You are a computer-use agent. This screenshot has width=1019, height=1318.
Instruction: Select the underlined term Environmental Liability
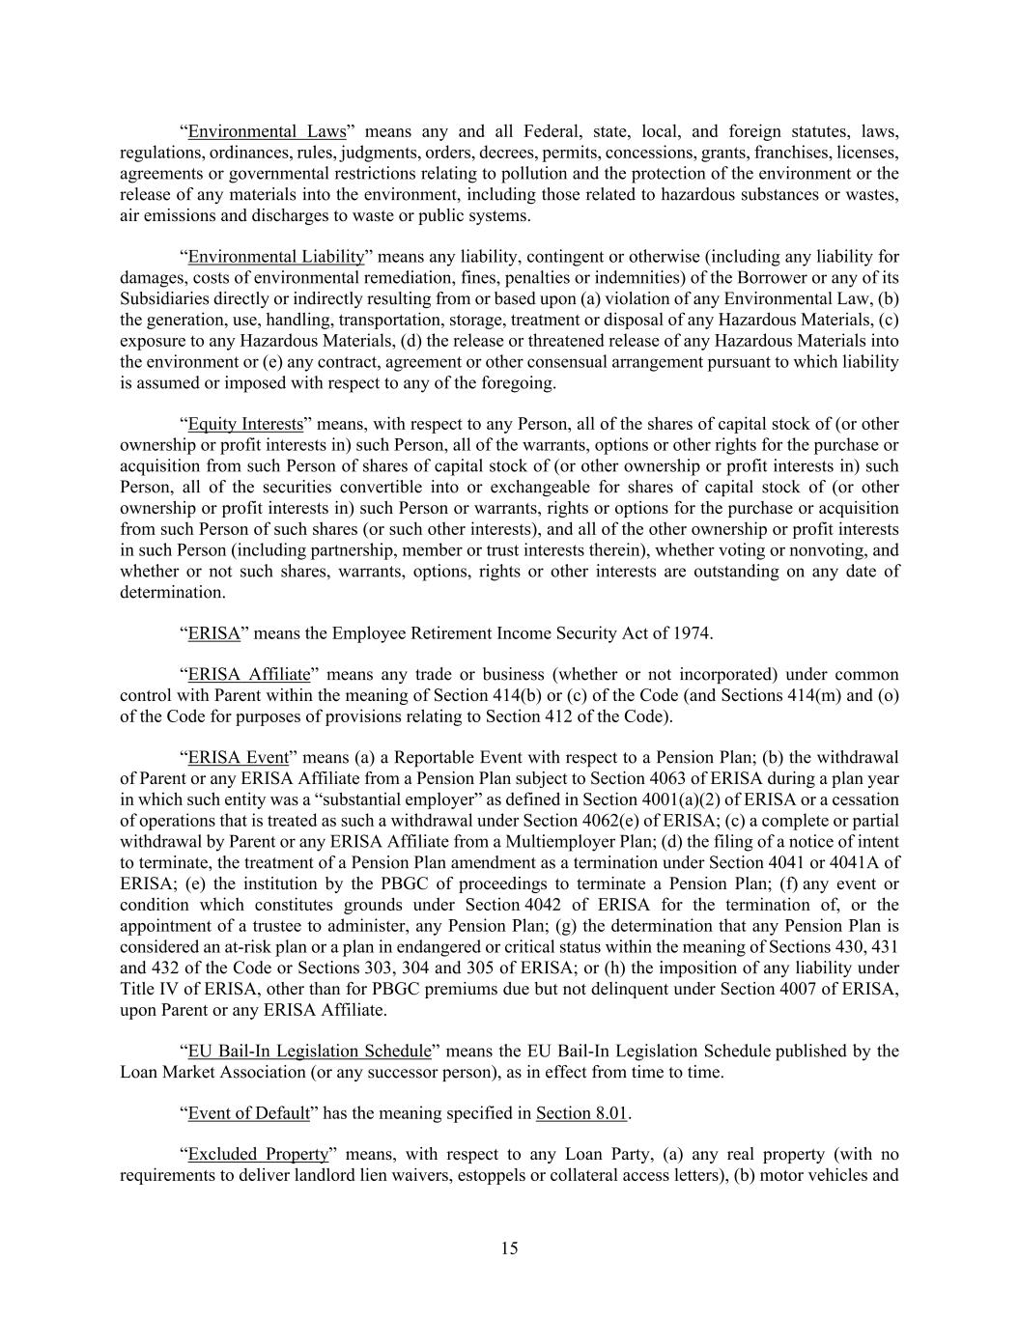pos(275,257)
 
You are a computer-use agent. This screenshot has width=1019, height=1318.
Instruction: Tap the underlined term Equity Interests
pos(245,424)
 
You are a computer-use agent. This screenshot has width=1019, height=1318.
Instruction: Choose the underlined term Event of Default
pos(248,1113)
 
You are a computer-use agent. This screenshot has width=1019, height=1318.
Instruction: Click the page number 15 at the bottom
pos(509,1248)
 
